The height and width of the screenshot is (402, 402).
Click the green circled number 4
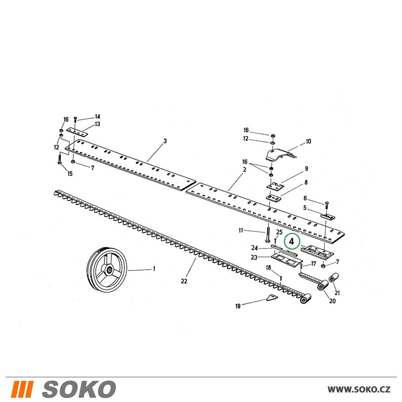291,242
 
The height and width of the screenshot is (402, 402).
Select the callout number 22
184,281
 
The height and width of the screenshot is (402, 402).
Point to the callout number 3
165,141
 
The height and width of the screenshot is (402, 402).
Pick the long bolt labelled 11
268,233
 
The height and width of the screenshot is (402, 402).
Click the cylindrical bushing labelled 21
333,277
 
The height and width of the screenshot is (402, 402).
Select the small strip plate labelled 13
77,132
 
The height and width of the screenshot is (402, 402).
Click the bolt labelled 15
59,159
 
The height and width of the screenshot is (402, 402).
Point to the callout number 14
97,117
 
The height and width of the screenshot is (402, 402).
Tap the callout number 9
306,169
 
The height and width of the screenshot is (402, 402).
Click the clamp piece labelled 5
328,216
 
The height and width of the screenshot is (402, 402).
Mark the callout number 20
332,301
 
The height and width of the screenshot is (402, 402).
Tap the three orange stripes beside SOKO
22,389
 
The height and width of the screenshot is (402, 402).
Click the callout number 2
244,170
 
